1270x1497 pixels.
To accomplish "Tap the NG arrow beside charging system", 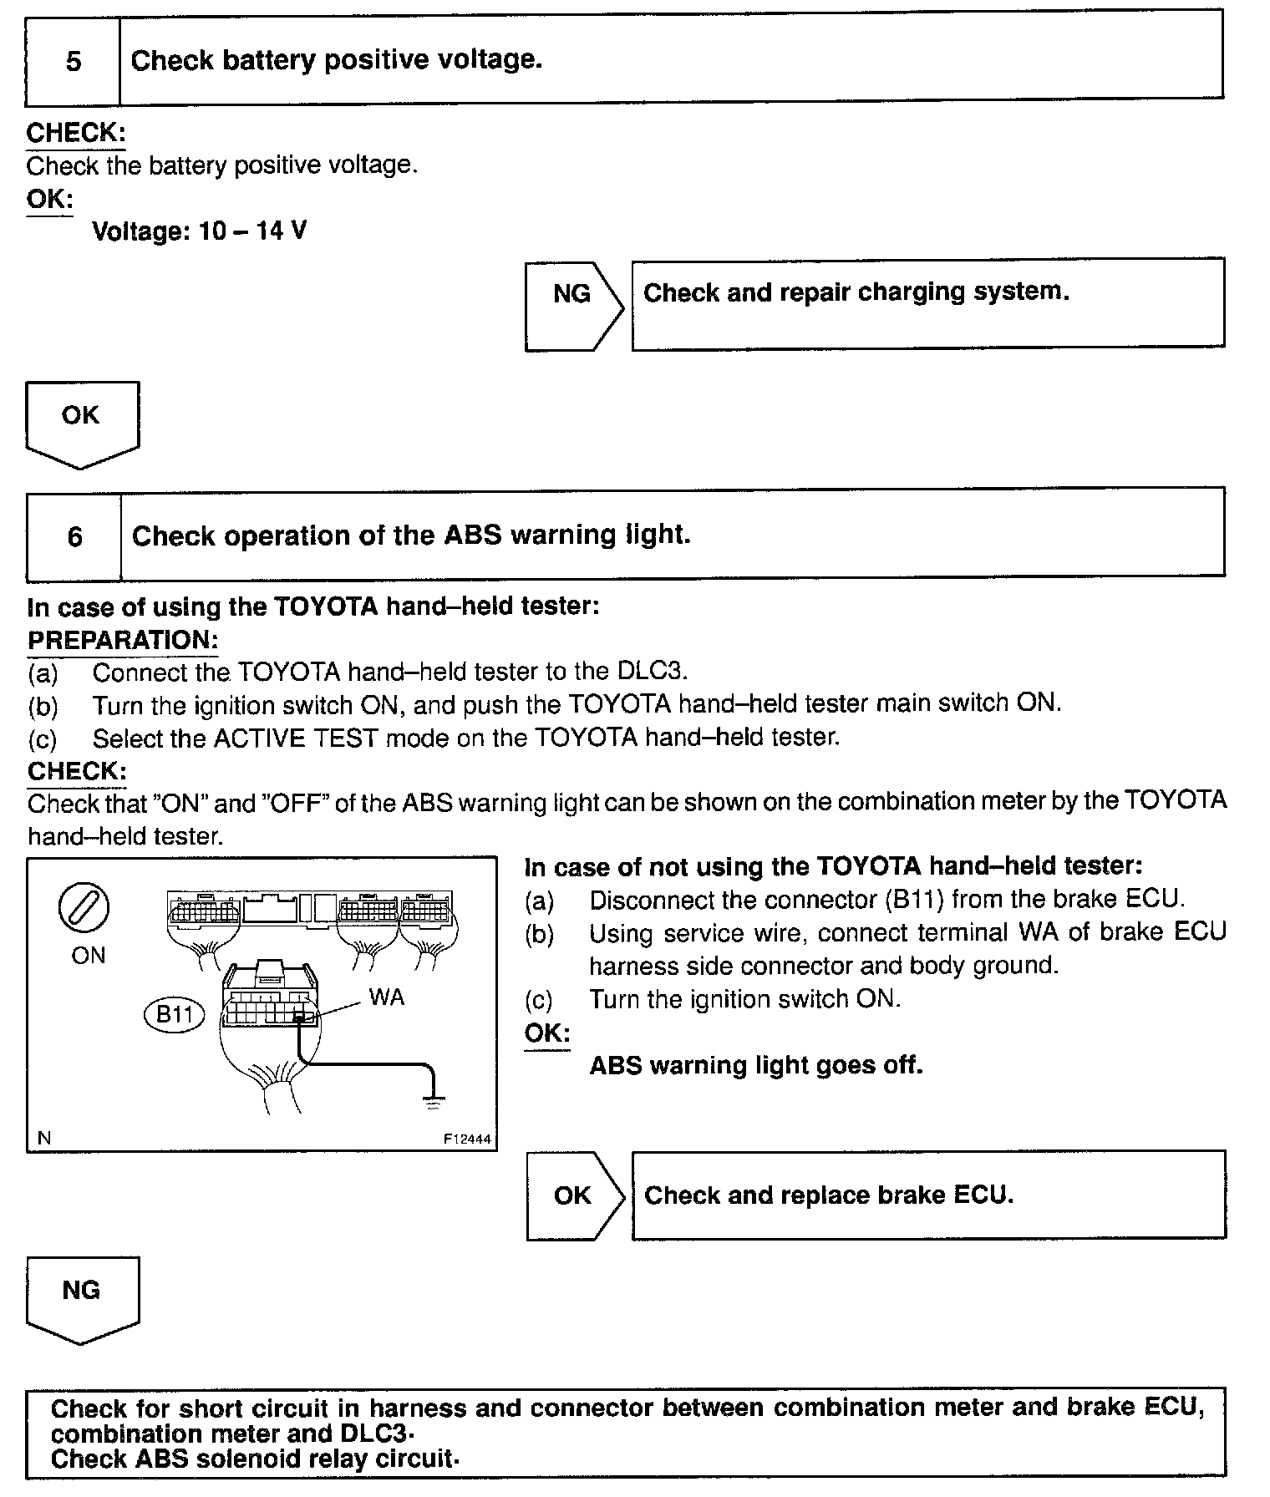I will pos(573,305).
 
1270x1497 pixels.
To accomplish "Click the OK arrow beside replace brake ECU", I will pos(574,1195).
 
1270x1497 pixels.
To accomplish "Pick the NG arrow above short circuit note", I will pos(82,1298).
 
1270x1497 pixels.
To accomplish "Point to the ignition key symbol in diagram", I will pos(84,907).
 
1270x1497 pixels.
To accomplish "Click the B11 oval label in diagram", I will pos(175,1015).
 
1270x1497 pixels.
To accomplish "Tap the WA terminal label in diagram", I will pos(386,997).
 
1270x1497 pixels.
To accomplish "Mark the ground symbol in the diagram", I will pos(433,1100).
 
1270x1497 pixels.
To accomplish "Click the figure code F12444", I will pos(467,1139).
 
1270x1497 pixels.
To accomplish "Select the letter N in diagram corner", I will pos(44,1138).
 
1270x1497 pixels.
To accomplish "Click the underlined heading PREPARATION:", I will pos(123,640).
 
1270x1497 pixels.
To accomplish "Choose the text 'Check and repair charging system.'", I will pos(856,292).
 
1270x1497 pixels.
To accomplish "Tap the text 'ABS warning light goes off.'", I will pos(755,1066).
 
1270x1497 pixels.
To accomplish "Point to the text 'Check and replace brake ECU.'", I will pos(828,1195).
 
